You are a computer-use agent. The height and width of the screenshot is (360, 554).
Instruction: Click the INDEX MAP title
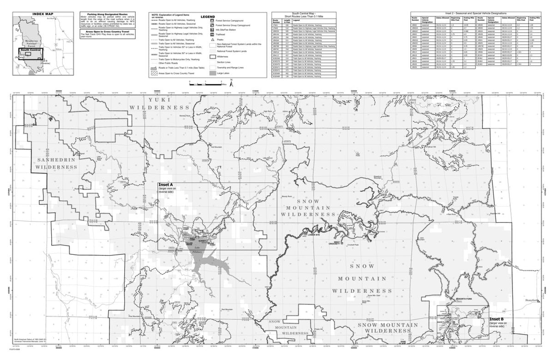[40, 14]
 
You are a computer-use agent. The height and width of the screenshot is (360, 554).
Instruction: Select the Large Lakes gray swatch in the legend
[212, 72]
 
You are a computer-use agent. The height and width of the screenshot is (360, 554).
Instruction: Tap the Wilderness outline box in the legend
[212, 56]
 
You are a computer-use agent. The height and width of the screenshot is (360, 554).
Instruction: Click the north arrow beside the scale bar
[232, 82]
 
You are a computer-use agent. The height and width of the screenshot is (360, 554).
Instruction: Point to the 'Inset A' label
[166, 184]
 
